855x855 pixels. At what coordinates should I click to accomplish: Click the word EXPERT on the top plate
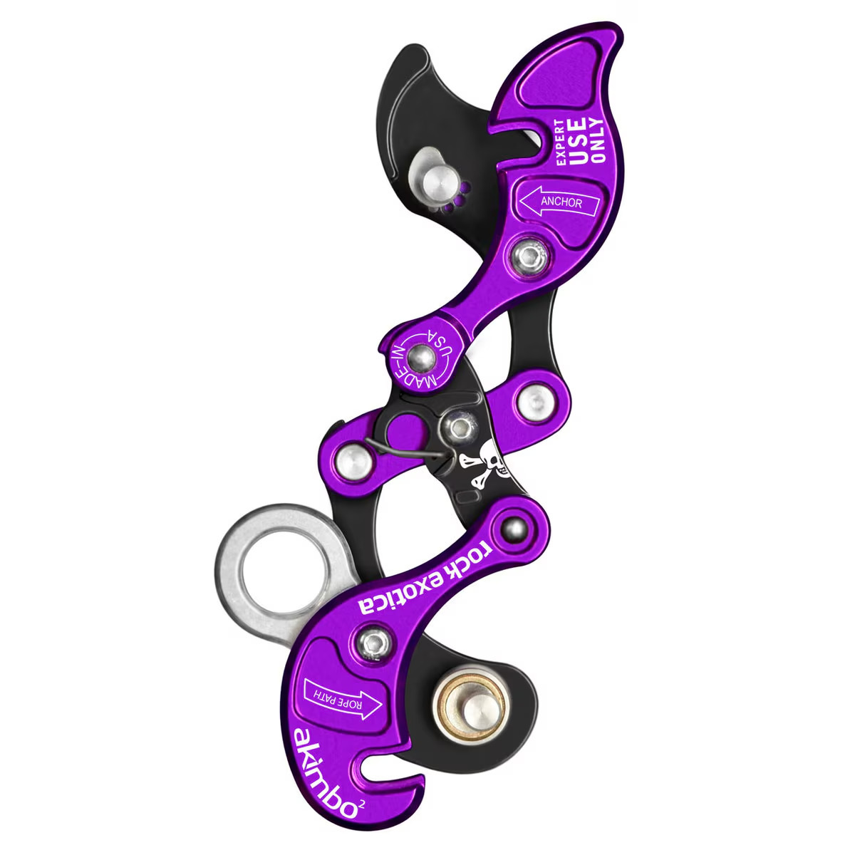(x=561, y=142)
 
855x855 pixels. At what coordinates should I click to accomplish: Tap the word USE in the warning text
(x=578, y=141)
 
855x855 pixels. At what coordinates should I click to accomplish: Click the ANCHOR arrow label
(x=560, y=202)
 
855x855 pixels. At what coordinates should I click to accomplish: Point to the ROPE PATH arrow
(x=342, y=703)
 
